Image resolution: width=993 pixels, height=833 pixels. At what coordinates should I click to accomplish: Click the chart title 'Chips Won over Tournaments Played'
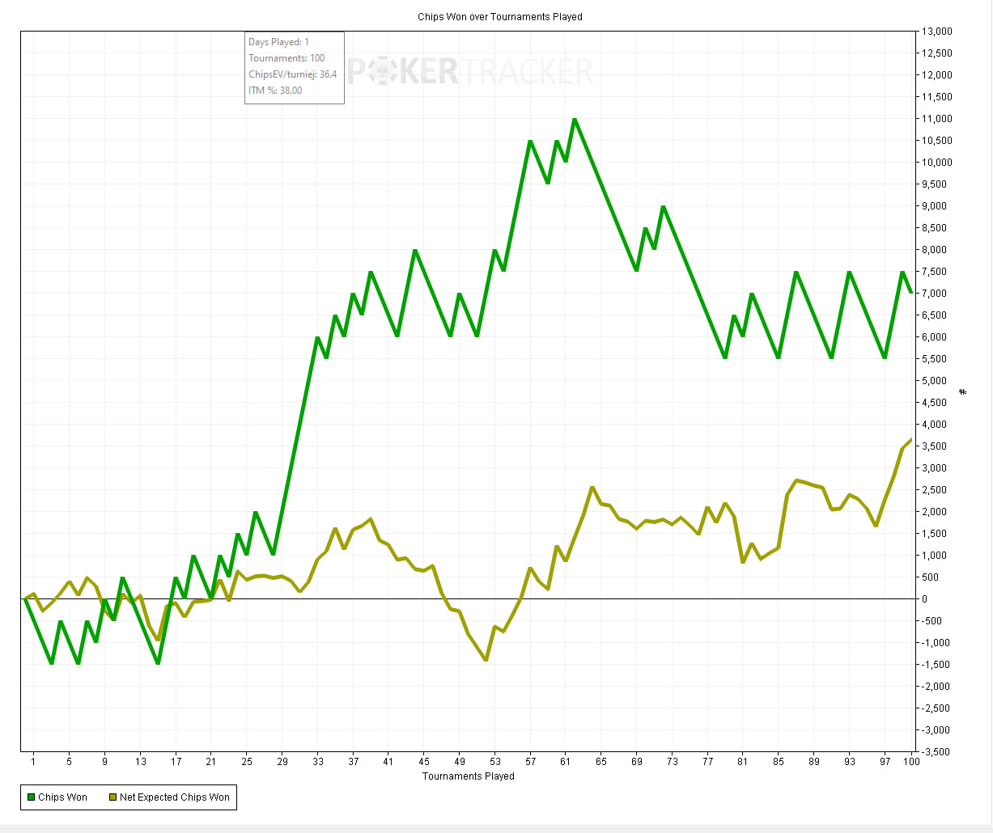499,16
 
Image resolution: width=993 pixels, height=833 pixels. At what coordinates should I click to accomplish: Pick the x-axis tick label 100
911,762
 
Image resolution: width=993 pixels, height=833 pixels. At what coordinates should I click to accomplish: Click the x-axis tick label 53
495,762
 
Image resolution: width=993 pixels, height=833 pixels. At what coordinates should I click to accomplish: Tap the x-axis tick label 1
33,762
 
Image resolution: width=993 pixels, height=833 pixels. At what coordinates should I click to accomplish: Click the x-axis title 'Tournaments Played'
468,776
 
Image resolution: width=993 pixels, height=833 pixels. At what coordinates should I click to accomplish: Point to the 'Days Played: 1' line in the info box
278,42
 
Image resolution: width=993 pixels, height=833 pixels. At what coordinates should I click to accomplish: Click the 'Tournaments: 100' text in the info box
286,58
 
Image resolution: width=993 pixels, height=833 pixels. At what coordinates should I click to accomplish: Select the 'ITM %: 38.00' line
275,91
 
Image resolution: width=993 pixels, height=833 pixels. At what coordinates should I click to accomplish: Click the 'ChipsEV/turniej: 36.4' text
292,74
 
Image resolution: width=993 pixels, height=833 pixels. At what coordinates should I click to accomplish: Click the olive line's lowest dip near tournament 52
486,660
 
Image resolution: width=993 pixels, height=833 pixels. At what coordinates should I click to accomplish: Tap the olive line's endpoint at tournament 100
911,439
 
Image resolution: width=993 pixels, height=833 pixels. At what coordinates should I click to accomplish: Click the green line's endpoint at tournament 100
911,293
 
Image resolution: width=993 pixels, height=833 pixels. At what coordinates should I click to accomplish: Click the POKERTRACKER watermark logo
470,72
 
